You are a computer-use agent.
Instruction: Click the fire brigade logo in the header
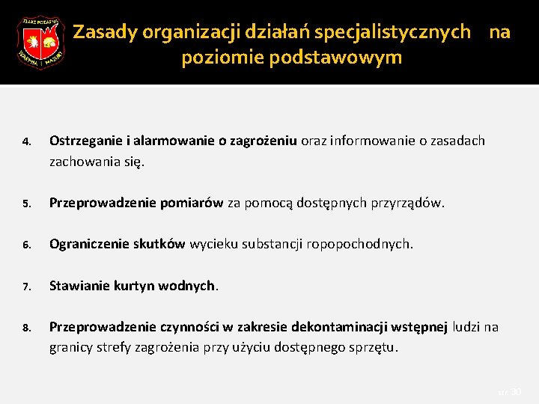(40, 43)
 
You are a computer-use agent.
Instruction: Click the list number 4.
(25, 141)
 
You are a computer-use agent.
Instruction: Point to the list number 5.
(25, 203)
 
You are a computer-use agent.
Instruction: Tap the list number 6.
(25, 245)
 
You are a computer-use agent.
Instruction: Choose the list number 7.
(25, 286)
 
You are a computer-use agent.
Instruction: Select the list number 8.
(25, 328)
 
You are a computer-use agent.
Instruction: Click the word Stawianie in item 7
(80, 285)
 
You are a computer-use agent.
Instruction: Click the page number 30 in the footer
(516, 391)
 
